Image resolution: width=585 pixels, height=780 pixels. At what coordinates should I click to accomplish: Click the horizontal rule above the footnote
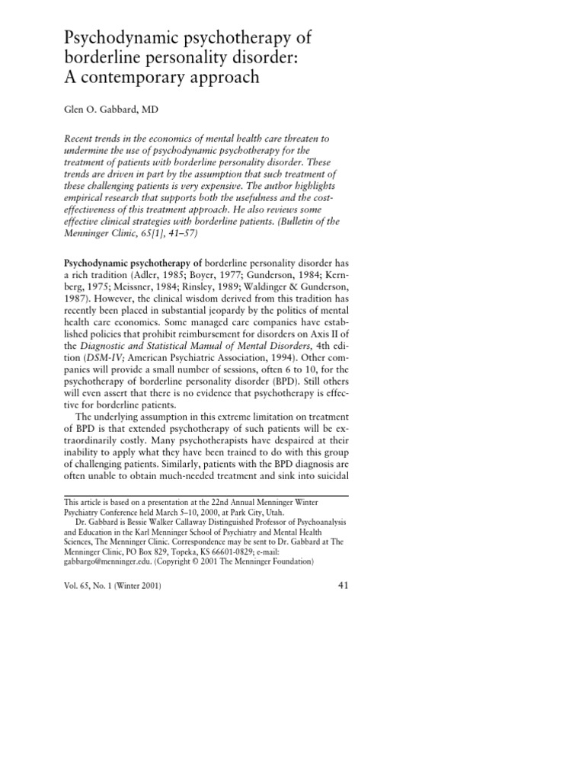coord(205,495)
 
